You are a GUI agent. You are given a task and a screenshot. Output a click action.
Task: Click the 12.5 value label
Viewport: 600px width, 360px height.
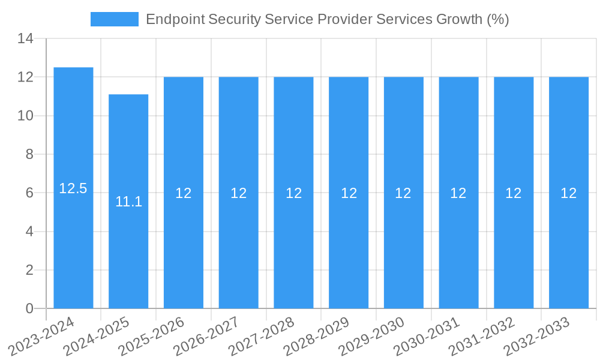point(73,188)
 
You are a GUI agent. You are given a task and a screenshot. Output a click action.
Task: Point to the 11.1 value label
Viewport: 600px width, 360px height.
point(128,202)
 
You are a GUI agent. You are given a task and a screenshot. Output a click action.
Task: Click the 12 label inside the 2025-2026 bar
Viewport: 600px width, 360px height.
point(184,193)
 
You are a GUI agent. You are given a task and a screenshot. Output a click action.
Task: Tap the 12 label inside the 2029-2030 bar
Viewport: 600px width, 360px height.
point(403,193)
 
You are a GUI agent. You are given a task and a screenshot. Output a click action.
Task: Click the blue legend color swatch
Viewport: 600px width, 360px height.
point(114,19)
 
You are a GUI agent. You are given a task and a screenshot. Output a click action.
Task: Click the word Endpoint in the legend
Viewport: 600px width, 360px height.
point(175,19)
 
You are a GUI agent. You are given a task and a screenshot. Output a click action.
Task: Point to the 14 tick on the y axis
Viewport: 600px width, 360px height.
point(25,39)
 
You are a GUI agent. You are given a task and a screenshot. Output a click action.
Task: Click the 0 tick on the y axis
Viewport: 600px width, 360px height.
point(29,308)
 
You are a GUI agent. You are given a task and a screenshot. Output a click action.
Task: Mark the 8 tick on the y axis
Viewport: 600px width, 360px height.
point(29,154)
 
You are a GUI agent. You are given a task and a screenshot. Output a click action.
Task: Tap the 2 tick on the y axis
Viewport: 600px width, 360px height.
point(29,270)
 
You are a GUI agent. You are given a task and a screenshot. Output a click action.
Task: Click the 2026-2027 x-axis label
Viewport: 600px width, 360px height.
point(209,336)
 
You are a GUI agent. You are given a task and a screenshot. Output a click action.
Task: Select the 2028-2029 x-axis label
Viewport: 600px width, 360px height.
point(319,336)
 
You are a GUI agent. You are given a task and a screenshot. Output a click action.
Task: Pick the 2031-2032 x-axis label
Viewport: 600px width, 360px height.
point(484,336)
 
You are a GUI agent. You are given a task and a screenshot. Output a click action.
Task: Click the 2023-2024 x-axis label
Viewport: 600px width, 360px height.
point(43,336)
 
